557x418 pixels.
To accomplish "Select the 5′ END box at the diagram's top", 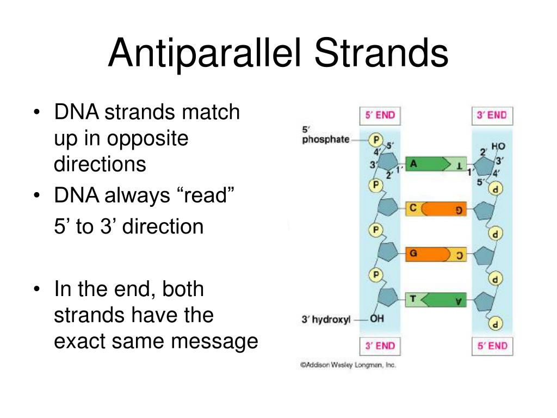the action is [380, 115].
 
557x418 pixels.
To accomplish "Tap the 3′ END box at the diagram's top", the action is [492, 115].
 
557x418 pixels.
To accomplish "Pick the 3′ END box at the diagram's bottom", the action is [380, 346].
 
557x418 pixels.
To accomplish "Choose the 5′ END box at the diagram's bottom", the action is [492, 346].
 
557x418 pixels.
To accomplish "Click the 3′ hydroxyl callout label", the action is [326, 320].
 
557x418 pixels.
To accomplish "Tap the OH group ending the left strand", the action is [377, 319].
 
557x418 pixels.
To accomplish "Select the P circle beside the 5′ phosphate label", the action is [375, 139].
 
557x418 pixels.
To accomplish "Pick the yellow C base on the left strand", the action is [413, 208].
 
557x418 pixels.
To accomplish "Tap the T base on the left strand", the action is [413, 299].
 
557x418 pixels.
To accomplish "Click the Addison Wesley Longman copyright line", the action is [348, 365].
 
